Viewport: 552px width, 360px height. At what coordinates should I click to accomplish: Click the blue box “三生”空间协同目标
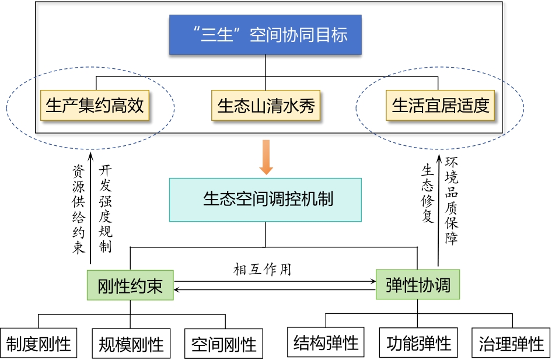tap(265, 34)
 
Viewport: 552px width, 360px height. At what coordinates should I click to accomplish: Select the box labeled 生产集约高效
tap(95, 106)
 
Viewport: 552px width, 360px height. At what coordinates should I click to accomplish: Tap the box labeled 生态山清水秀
tap(265, 106)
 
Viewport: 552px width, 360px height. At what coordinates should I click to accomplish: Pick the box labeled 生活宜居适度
tap(440, 106)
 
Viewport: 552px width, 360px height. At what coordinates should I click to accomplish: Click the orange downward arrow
tap(266, 158)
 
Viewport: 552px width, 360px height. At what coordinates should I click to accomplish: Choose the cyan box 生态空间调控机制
tap(265, 200)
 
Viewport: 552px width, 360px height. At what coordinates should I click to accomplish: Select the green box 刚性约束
tap(130, 285)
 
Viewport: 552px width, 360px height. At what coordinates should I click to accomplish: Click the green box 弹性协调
tap(418, 285)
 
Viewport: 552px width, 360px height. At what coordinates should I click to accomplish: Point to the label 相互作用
tap(262, 269)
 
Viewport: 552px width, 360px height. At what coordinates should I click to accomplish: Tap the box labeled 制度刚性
tap(39, 343)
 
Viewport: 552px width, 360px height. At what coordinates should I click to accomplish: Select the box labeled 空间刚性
tap(224, 343)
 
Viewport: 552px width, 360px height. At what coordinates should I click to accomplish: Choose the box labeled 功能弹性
tap(419, 342)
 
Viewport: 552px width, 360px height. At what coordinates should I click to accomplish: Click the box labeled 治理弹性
tap(511, 342)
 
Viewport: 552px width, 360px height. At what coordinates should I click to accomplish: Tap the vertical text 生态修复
tap(428, 193)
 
